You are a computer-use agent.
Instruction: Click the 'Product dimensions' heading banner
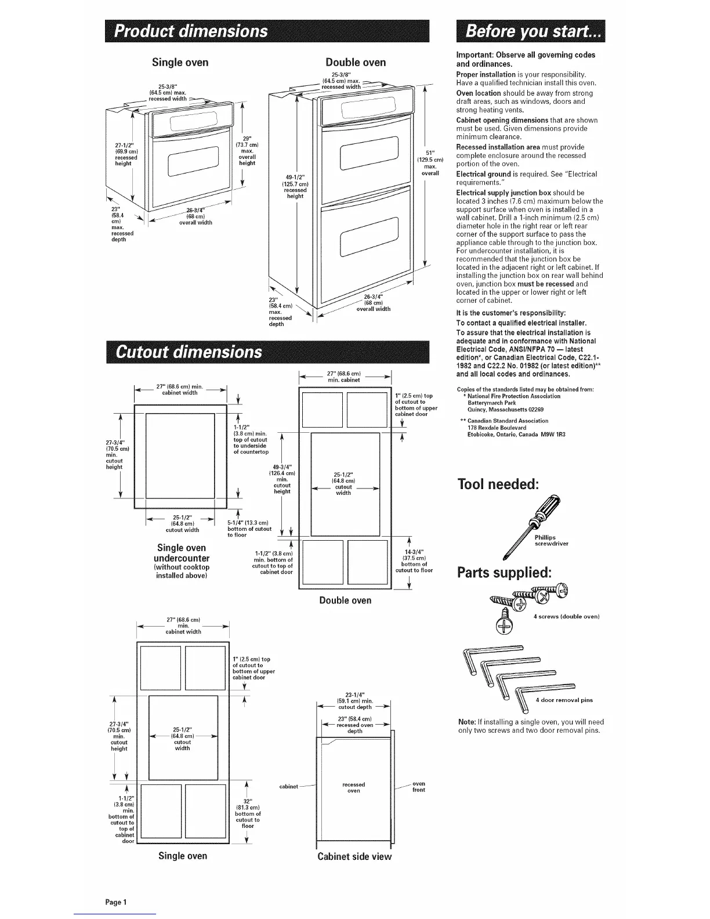click(266, 31)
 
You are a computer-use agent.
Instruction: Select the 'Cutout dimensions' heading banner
click(266, 352)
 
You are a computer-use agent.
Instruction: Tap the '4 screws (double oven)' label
click(566, 616)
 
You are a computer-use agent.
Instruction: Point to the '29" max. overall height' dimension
click(247, 150)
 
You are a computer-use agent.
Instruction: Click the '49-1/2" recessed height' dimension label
click(295, 186)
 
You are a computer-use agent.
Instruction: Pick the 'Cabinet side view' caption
click(354, 856)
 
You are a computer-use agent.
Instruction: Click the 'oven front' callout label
click(418, 786)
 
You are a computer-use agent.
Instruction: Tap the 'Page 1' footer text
click(116, 902)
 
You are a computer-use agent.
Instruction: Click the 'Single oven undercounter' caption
click(182, 553)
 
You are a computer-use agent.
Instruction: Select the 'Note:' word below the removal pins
click(466, 722)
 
